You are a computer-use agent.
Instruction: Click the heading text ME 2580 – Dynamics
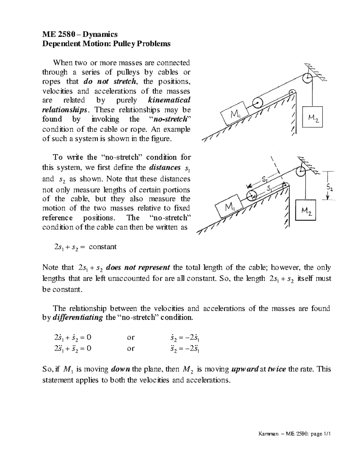click(80, 34)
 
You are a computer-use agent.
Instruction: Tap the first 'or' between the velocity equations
click(131, 337)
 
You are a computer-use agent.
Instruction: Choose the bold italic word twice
click(277, 369)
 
